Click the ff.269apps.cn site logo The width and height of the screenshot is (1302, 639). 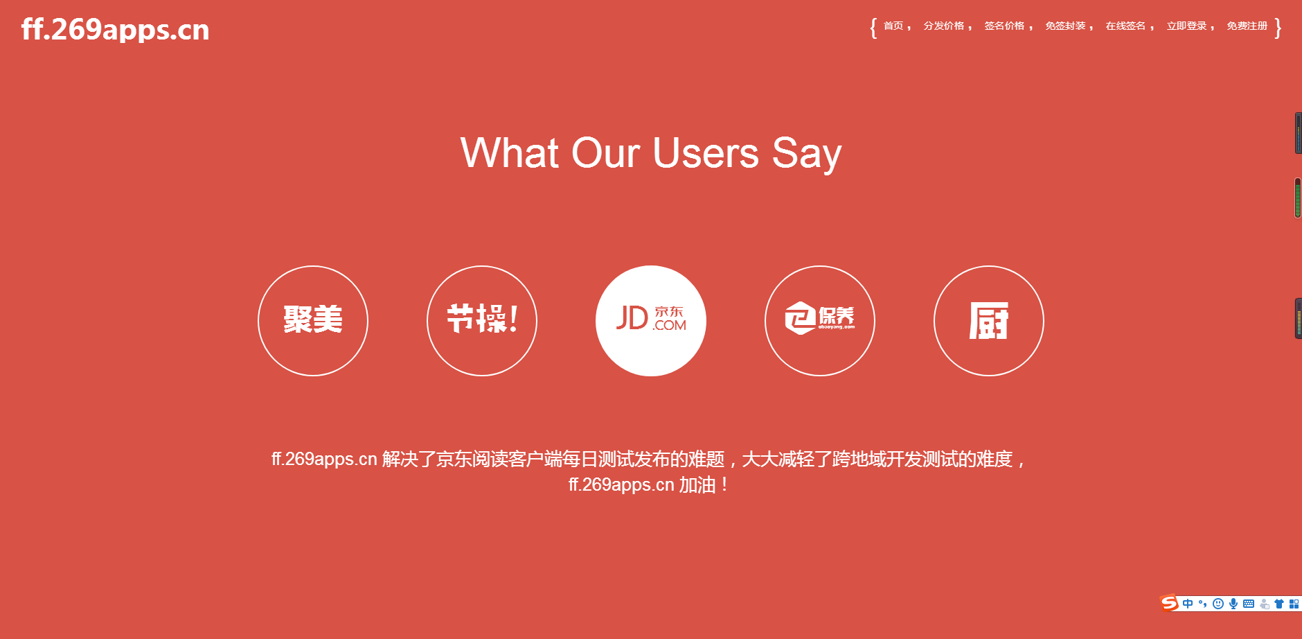pyautogui.click(x=115, y=30)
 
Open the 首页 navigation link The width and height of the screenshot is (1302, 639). pyautogui.click(x=893, y=26)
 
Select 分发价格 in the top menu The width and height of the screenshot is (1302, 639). pyautogui.click(x=944, y=26)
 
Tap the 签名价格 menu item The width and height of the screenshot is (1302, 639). pyautogui.click(x=1004, y=26)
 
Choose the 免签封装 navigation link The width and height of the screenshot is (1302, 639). pyautogui.click(x=1065, y=26)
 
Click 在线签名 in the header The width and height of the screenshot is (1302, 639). pyautogui.click(x=1125, y=26)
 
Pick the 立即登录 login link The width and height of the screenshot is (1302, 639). pyautogui.click(x=1186, y=26)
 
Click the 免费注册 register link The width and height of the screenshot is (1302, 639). pyautogui.click(x=1247, y=26)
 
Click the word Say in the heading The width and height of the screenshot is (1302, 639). pyautogui.click(x=807, y=154)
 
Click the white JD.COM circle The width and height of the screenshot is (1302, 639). pyautogui.click(x=651, y=321)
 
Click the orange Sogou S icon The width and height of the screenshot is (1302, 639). pyautogui.click(x=1170, y=603)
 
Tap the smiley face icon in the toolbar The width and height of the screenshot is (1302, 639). pyautogui.click(x=1218, y=604)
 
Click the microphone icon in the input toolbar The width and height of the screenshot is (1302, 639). pyautogui.click(x=1233, y=604)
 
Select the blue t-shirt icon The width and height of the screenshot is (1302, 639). pyautogui.click(x=1279, y=604)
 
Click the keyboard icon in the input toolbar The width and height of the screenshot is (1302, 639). pyautogui.click(x=1249, y=604)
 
